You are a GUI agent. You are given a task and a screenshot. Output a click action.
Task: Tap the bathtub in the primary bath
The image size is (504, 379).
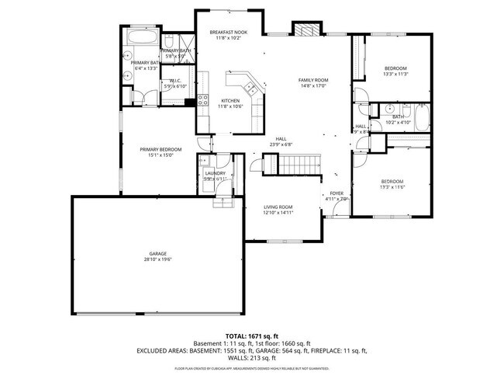[143, 37]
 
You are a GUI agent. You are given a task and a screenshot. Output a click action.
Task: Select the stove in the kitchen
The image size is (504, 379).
[203, 99]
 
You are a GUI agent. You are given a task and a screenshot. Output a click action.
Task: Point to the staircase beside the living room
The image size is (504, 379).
[300, 164]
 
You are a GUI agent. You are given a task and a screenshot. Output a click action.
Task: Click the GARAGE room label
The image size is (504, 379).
[158, 254]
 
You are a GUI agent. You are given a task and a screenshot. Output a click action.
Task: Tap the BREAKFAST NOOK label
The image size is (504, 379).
[229, 32]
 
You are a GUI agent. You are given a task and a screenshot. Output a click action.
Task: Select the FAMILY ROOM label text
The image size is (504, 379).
[314, 81]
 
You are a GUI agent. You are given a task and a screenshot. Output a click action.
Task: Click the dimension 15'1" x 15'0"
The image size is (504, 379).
[161, 155]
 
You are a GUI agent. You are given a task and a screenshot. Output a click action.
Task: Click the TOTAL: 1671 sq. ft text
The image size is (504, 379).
[252, 336]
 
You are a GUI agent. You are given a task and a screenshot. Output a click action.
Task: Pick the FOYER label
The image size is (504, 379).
[337, 193]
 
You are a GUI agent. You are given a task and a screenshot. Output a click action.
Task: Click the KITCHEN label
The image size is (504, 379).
[230, 101]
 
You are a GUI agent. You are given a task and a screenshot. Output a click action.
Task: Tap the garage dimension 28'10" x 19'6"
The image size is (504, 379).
[158, 260]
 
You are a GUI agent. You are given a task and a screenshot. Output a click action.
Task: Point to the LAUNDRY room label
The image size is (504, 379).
[215, 173]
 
